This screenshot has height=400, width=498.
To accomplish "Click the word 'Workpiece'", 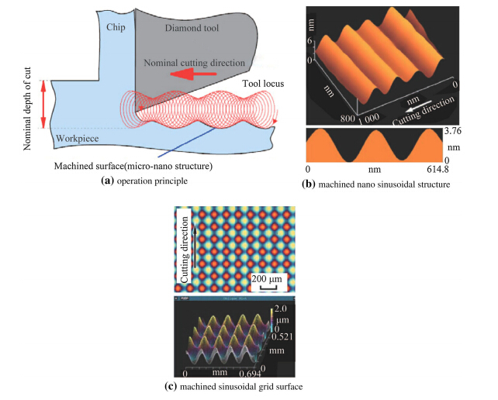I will point(78,139).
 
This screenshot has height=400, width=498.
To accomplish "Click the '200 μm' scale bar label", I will point(267,278).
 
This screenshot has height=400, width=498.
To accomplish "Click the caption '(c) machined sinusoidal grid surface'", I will point(240,387).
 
